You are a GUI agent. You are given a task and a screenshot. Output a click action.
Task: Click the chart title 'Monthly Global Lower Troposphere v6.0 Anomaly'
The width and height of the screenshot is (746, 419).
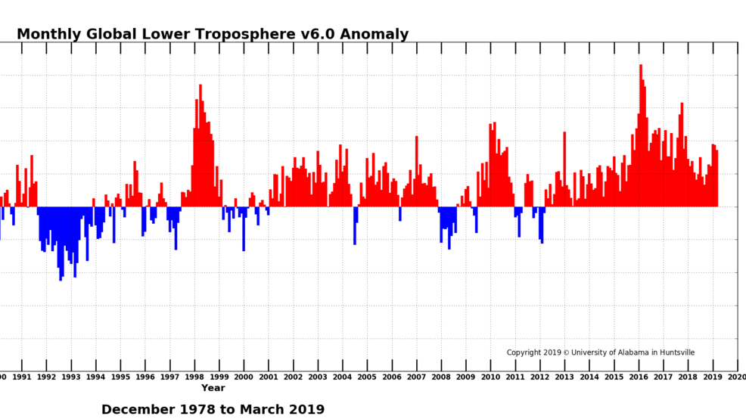tap(213, 35)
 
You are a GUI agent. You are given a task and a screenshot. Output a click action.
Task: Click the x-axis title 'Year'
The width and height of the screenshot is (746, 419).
tap(213, 388)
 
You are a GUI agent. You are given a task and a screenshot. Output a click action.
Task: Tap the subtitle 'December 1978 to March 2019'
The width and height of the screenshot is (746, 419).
tap(213, 409)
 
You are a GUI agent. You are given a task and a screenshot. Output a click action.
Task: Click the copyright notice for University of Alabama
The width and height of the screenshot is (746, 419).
tap(600, 352)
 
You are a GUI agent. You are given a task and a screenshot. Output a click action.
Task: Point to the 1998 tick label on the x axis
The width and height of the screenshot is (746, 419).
tap(194, 377)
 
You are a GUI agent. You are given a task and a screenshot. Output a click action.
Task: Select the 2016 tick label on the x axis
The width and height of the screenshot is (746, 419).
tap(639, 377)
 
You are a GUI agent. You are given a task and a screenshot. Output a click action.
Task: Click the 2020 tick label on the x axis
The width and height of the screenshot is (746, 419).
tap(737, 377)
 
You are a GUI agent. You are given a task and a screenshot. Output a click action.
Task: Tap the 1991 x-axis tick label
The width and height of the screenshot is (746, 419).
tap(22, 377)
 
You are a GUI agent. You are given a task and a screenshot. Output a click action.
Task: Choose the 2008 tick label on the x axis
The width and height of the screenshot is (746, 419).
tap(441, 377)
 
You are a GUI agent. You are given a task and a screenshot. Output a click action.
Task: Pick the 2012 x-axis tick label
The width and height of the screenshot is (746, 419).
tap(539, 377)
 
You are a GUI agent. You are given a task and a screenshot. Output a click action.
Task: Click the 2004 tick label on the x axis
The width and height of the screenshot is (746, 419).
tap(342, 377)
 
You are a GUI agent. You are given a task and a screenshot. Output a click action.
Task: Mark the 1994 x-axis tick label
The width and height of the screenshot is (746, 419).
tap(95, 377)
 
